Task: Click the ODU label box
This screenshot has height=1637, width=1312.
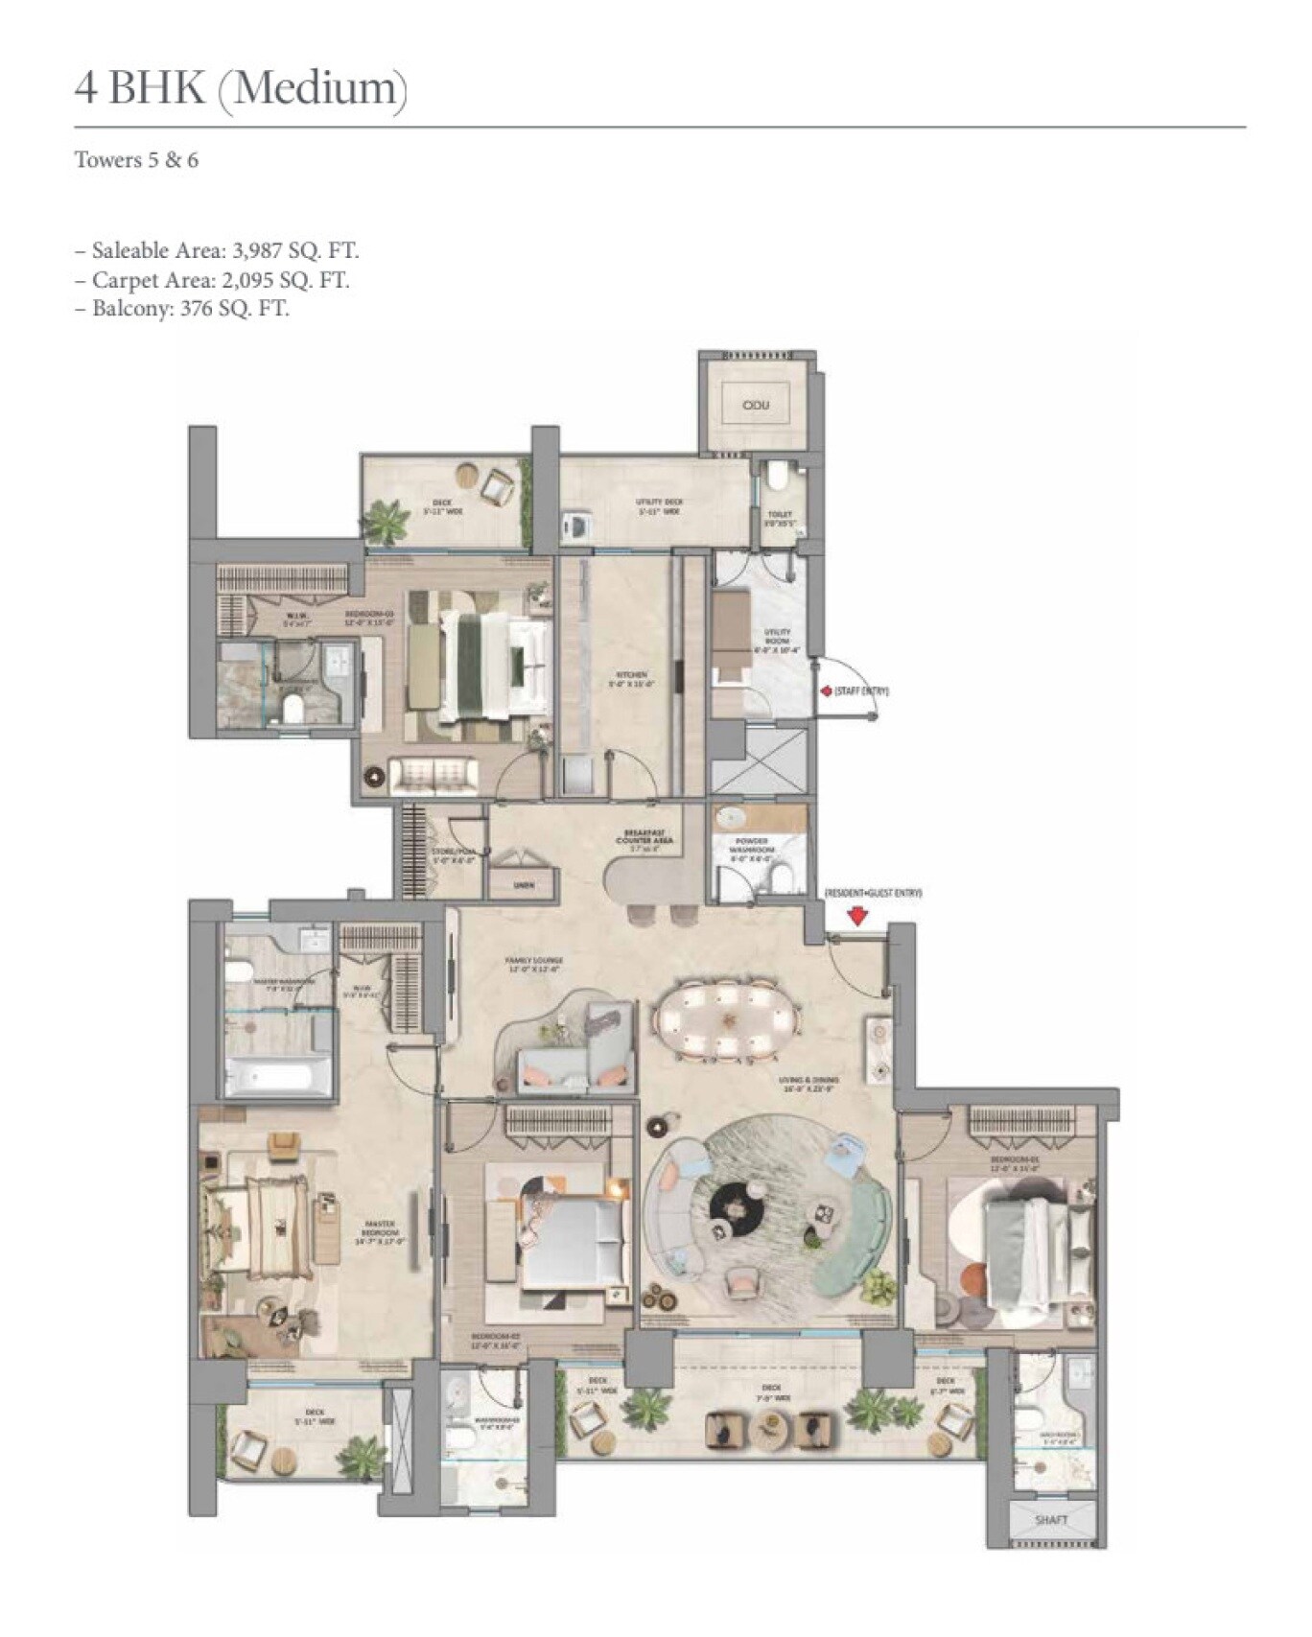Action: point(756,405)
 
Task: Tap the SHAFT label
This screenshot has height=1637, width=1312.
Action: point(1051,1520)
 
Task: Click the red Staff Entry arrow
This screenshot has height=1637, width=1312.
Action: point(824,690)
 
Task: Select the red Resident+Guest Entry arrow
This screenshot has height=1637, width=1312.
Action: point(857,916)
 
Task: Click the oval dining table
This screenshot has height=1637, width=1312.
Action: point(725,1020)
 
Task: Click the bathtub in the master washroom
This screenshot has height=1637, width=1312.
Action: point(276,1076)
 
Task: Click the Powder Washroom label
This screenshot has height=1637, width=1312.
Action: point(751,847)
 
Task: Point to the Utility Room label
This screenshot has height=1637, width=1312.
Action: point(777,641)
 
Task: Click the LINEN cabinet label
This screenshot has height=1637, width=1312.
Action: point(523,885)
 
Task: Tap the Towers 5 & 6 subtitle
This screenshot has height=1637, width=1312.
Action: point(136,160)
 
